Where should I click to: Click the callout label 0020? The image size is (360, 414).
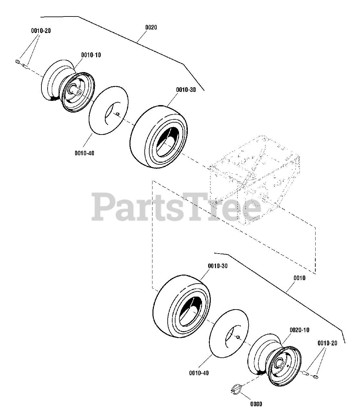(x=151, y=27)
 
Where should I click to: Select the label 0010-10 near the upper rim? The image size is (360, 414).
(x=91, y=55)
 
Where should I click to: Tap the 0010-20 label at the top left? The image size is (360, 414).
(x=41, y=31)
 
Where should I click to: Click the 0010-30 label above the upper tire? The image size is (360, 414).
(x=186, y=90)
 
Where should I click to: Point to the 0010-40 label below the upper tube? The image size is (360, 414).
(x=84, y=153)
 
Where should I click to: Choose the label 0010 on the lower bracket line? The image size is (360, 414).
(x=299, y=278)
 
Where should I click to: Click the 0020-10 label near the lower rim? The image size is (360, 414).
(x=299, y=330)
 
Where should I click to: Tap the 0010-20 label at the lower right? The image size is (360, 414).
(x=327, y=343)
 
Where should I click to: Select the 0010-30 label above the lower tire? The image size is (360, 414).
(x=218, y=266)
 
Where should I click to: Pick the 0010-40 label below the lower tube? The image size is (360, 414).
(x=199, y=373)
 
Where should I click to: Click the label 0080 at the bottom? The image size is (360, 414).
(x=256, y=404)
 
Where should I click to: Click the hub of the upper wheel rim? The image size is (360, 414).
(x=78, y=93)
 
